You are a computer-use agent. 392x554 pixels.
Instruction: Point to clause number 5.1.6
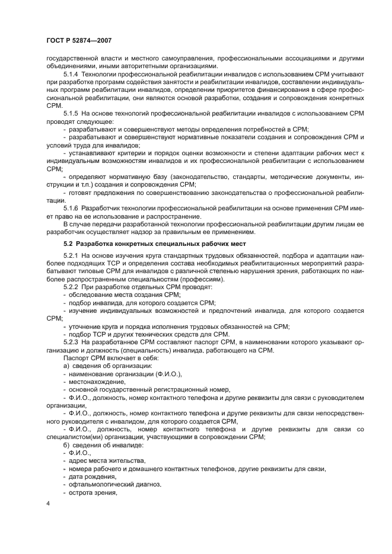tap(72, 209)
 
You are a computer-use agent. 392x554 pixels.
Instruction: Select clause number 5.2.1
tap(72, 255)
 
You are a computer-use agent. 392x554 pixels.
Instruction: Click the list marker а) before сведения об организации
tap(66, 366)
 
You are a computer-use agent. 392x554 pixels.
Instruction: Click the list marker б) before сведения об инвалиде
tap(66, 444)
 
